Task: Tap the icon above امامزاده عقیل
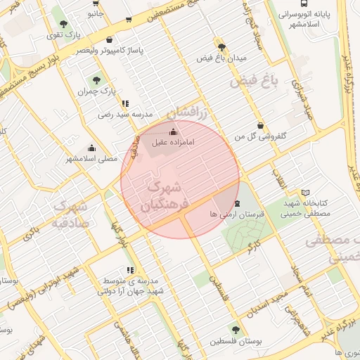click(174, 131)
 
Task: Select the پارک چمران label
click(96, 91)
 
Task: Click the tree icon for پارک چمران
click(96, 80)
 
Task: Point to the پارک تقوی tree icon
click(75, 23)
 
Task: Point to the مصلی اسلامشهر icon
click(91, 148)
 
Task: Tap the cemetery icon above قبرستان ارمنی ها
click(237, 204)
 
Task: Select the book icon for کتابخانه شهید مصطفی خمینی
click(304, 192)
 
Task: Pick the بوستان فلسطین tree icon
click(235, 330)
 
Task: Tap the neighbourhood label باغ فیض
click(254, 82)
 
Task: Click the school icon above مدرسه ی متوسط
click(130, 269)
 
